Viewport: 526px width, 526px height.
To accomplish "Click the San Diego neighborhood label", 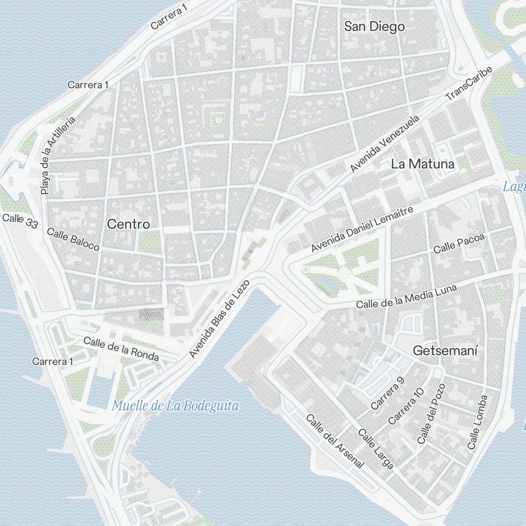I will click(374, 26).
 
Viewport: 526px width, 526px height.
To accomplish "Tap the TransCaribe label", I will click(469, 84).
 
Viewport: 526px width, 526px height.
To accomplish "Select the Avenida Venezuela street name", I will click(385, 143).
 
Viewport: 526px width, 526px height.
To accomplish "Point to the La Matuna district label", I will click(422, 164).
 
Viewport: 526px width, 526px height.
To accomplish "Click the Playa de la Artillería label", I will click(58, 156).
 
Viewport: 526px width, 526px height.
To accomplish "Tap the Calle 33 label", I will click(20, 221).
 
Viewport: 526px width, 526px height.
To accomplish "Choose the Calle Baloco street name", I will click(73, 239).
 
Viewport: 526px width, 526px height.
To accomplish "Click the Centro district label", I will click(128, 224).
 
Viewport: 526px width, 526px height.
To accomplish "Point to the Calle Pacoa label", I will click(458, 243).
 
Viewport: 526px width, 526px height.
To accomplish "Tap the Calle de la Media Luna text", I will click(406, 297).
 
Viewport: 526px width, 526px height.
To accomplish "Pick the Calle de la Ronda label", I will click(121, 349).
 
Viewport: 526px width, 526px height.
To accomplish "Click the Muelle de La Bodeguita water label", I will click(176, 406).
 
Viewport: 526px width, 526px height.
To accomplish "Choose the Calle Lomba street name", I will click(477, 422).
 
